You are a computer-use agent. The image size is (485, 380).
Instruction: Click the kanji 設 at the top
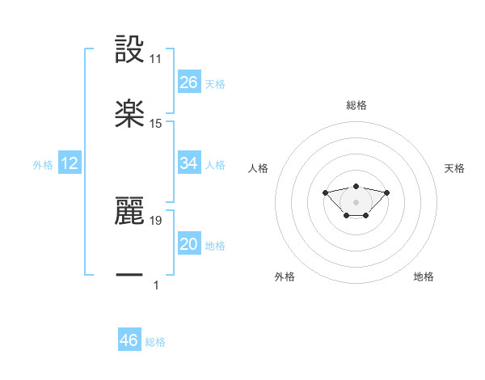coord(129,49)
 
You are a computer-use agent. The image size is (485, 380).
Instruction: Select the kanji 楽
coord(129,115)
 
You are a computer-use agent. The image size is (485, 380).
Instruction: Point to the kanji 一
coord(129,276)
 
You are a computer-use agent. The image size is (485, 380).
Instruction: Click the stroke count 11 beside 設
coord(156,59)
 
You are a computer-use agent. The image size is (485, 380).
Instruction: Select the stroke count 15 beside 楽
coord(156,124)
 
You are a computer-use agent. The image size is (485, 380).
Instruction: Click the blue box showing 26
coord(189,82)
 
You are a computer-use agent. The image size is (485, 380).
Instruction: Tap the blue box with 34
coord(189,163)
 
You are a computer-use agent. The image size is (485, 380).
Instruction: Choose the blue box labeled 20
coord(189,244)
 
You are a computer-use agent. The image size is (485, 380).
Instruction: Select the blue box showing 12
coord(70,163)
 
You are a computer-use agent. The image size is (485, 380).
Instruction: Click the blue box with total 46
coord(129,340)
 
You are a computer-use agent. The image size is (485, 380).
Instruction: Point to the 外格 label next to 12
coord(43,164)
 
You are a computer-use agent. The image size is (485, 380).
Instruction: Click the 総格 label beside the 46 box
coord(155,342)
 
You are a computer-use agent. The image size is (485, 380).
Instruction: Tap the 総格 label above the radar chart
coord(356,105)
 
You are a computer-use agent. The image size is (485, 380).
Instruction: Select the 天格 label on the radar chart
coord(455,168)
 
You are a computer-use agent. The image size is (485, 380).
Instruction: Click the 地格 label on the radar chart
coord(424,277)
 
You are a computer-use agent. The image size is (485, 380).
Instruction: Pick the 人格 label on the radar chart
coord(259,168)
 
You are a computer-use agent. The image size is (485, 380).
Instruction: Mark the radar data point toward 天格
coord(386,192)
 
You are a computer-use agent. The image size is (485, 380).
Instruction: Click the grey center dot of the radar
coord(356,202)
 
